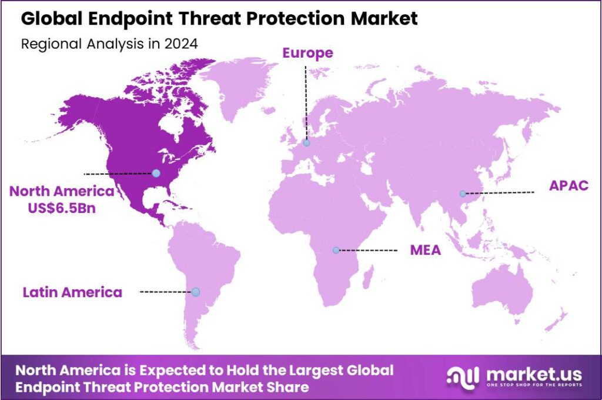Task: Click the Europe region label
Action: coord(307,54)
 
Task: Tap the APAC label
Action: coord(568,186)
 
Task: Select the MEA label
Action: coord(426,251)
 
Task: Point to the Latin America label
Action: coord(73,292)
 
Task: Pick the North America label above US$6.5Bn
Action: coord(61,191)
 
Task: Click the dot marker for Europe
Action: coord(306,142)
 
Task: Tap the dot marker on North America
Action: coord(156,173)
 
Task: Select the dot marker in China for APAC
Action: coord(463,194)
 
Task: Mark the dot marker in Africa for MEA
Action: coord(336,250)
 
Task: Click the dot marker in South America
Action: coord(196,292)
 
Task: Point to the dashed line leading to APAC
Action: coord(500,193)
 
